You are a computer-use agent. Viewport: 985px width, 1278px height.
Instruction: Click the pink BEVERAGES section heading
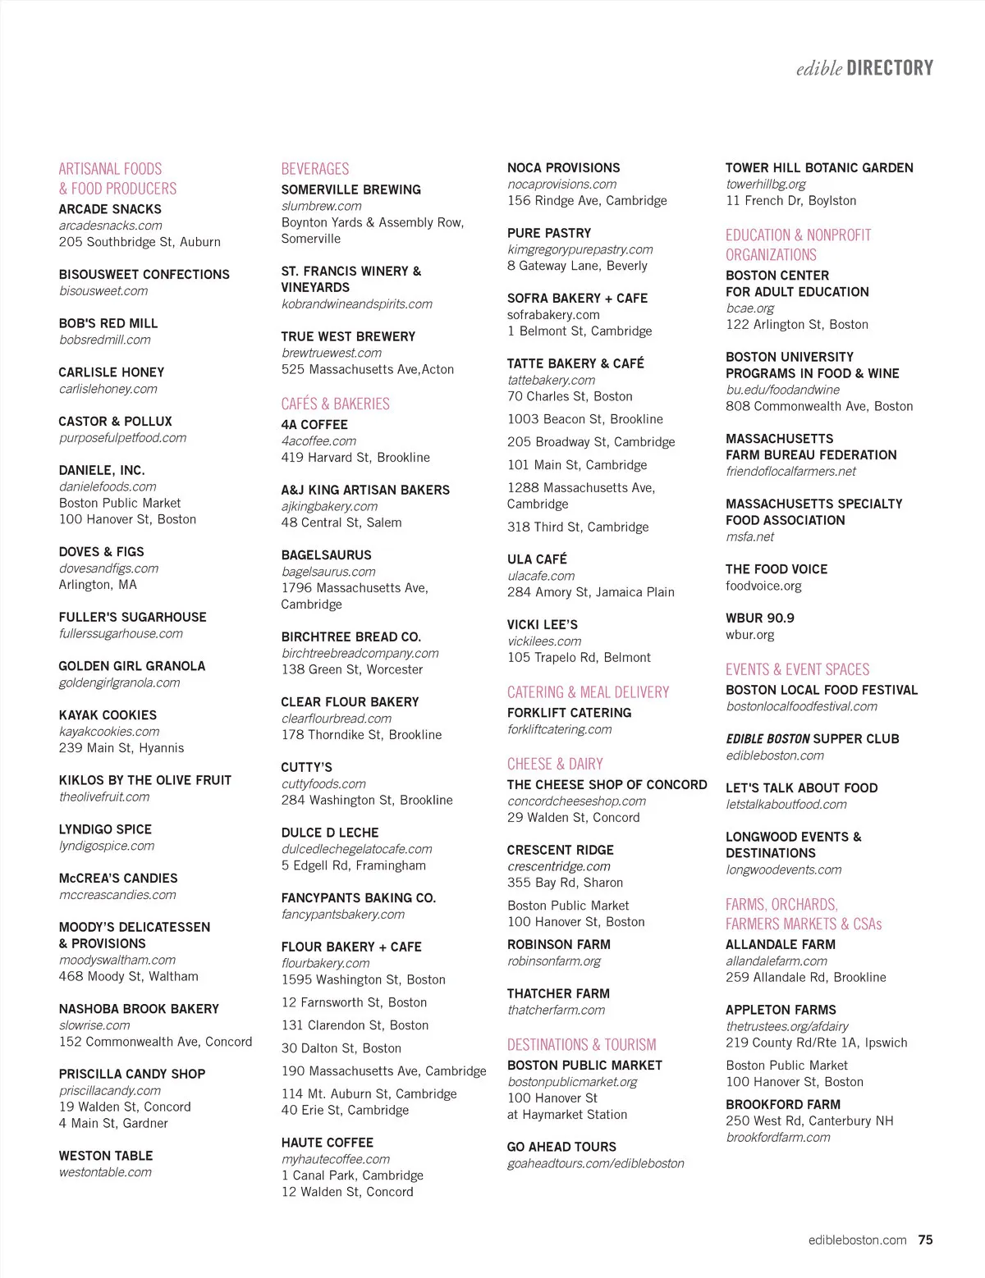click(x=315, y=169)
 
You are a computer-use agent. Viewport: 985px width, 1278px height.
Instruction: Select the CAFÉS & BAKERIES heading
click(x=335, y=404)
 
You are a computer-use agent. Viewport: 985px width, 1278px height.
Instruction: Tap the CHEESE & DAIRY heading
click(x=555, y=764)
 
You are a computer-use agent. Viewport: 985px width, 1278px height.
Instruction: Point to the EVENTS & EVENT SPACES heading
click(x=797, y=669)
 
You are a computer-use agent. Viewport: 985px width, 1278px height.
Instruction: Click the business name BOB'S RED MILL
click(x=108, y=323)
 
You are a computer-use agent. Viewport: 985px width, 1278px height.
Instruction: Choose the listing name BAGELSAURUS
click(x=326, y=555)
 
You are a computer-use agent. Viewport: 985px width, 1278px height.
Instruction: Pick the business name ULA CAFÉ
click(x=537, y=559)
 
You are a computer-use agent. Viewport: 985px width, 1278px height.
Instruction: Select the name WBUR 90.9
click(x=759, y=618)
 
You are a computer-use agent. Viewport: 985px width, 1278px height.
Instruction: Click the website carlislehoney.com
click(x=108, y=389)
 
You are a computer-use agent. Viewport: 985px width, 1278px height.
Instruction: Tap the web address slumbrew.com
click(x=321, y=206)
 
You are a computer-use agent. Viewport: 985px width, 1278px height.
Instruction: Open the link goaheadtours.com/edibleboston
click(x=595, y=1163)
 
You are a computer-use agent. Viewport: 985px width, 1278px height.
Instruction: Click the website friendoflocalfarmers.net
click(x=790, y=471)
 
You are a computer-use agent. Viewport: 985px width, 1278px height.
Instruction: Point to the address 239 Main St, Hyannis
click(x=121, y=748)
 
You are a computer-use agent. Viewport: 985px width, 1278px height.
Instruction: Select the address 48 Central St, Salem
click(x=341, y=523)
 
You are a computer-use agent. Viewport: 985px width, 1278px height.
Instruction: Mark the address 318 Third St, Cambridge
click(x=578, y=527)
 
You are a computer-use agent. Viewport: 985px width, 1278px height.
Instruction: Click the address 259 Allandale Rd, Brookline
click(x=805, y=977)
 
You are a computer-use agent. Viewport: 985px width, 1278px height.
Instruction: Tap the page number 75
click(x=925, y=1240)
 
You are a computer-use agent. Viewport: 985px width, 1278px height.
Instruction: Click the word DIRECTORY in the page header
click(x=890, y=68)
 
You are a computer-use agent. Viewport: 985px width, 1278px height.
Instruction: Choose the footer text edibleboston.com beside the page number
click(x=857, y=1240)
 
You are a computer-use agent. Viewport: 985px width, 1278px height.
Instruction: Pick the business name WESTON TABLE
click(x=106, y=1156)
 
